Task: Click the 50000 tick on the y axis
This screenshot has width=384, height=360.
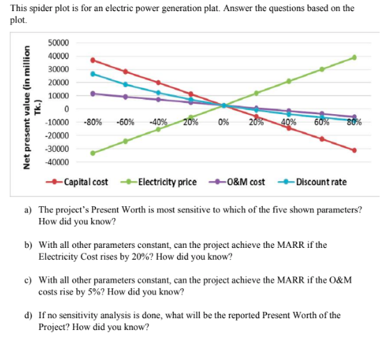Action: click(58, 43)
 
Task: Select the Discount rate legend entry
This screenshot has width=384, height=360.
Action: click(318, 182)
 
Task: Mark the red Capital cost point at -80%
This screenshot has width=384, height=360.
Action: click(93, 60)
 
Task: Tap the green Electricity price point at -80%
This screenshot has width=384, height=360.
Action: click(93, 152)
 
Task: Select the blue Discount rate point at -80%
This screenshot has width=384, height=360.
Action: click(93, 73)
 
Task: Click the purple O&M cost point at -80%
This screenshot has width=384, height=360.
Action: click(93, 93)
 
